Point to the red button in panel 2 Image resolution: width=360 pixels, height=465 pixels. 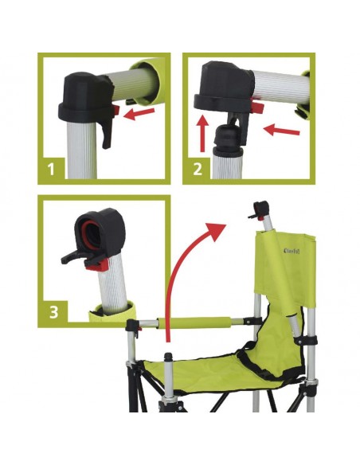[259, 106]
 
